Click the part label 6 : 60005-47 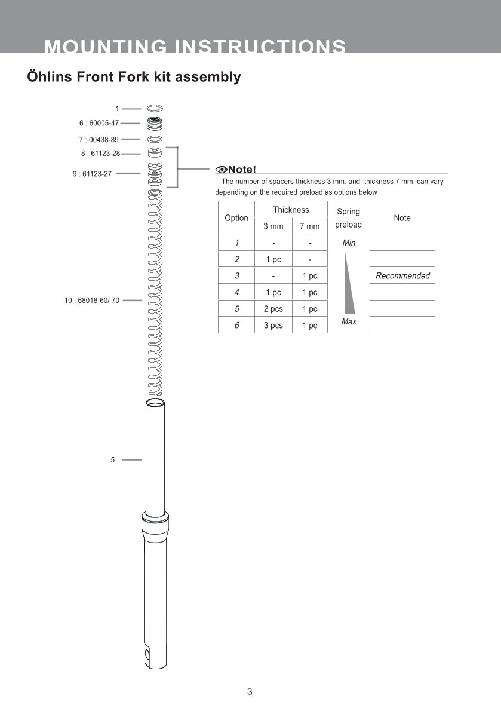(x=99, y=123)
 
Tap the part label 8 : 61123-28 (x=100, y=154)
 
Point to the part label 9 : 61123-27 (x=92, y=174)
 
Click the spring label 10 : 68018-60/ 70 (x=92, y=301)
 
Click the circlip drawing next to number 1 (x=155, y=108)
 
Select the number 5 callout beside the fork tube (x=112, y=460)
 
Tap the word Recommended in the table (x=402, y=276)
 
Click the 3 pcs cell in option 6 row (x=273, y=326)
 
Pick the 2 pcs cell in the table (x=273, y=309)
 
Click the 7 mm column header (x=309, y=226)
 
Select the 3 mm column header (x=273, y=226)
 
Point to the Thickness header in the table (x=291, y=210)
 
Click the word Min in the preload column (x=349, y=243)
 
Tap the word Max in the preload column (x=349, y=322)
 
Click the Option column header (x=236, y=218)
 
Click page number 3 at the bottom (x=250, y=692)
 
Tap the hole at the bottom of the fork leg (x=147, y=655)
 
